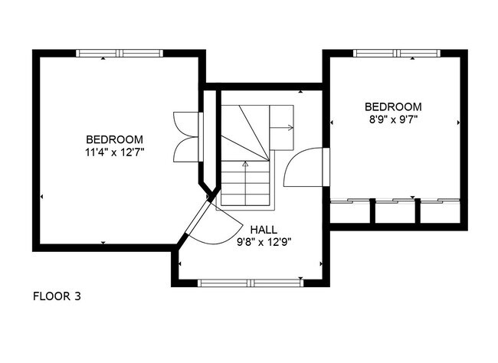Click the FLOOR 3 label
coord(57,296)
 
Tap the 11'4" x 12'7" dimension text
coord(115,152)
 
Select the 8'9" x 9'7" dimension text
coord(393,120)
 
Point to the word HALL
coord(264,230)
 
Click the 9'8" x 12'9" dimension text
coord(264,243)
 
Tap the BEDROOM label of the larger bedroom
coord(115,139)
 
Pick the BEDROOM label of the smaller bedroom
coord(393,106)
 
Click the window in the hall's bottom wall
coord(251,283)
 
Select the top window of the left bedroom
coord(120,53)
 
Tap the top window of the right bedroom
coord(397,53)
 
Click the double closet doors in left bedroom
coord(188,137)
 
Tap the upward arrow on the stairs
coord(245,183)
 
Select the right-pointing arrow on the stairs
coord(281,128)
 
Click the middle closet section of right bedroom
coord(395,211)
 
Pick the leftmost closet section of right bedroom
coord(350,211)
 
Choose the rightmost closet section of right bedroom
coord(441,211)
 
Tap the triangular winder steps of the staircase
coord(245,132)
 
